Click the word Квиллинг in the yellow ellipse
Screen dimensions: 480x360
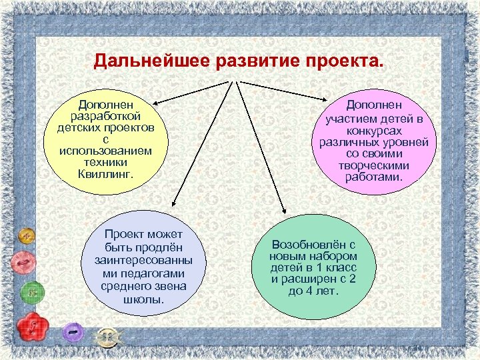pyautogui.click(x=105, y=173)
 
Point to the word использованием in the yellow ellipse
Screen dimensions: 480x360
pyautogui.click(x=105, y=151)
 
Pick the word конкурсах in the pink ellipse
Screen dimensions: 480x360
pyautogui.click(x=379, y=131)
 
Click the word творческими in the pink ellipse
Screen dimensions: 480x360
pyautogui.click(x=379, y=165)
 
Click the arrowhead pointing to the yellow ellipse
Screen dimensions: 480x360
pyautogui.click(x=153, y=102)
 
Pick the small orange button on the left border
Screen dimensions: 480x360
pyautogui.click(x=27, y=236)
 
